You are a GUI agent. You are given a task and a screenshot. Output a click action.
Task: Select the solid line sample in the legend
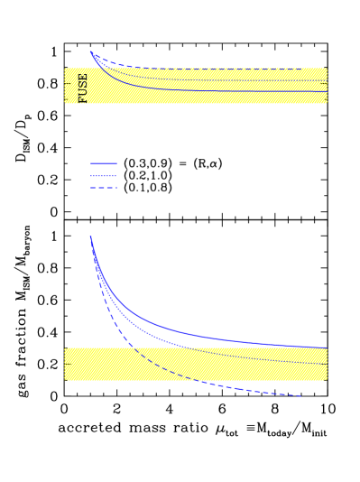pos(104,163)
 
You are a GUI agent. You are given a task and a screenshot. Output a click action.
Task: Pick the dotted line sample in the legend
pos(104,176)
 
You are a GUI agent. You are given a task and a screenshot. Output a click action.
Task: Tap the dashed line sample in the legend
pos(104,188)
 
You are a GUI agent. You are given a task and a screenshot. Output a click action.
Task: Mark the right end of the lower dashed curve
pos(300,395)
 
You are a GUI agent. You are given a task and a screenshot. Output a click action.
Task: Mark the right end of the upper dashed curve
pos(300,69)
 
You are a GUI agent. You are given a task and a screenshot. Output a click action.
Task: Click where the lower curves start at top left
pos(90,236)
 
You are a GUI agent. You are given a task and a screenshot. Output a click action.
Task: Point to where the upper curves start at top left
pos(90,51)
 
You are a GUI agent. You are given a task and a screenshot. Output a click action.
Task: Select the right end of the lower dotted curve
pos(326,364)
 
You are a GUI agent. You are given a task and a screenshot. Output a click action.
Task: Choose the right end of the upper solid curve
pos(326,91)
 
